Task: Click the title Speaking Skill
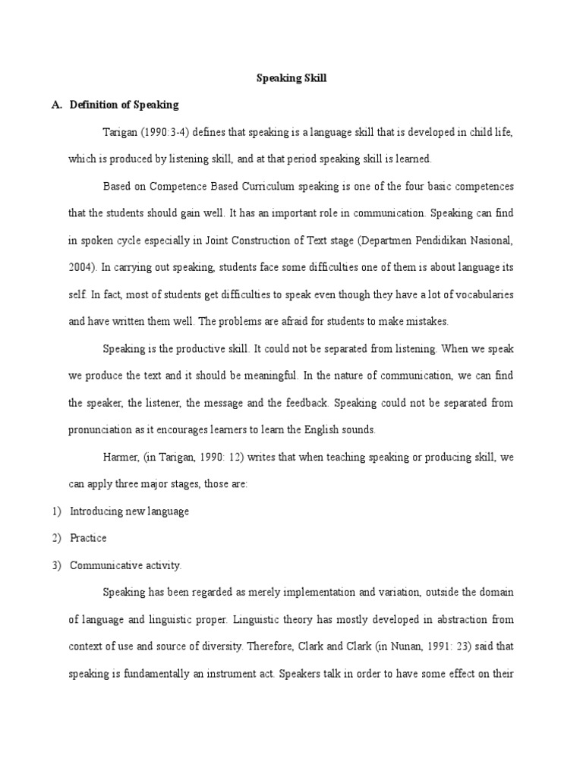click(x=291, y=77)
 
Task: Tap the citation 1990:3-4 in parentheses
click(x=162, y=132)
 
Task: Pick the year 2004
click(x=80, y=267)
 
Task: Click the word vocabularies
click(x=484, y=294)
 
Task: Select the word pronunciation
click(x=100, y=429)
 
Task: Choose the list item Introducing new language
click(x=129, y=511)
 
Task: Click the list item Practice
click(x=88, y=538)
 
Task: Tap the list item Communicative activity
click(x=126, y=565)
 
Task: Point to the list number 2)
click(x=57, y=538)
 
